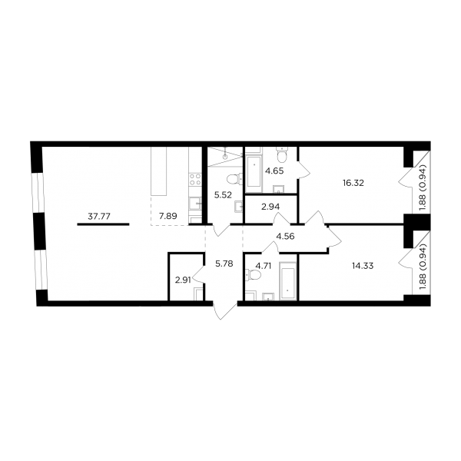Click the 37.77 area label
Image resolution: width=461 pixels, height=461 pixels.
(x=99, y=217)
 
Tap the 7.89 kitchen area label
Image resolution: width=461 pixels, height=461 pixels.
(x=167, y=217)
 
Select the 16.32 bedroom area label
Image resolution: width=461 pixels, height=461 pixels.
(x=353, y=183)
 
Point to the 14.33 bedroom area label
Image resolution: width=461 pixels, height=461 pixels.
(x=363, y=266)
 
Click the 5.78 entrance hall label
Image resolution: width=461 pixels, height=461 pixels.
(x=224, y=264)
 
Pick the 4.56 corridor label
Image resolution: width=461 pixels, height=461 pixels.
(x=286, y=236)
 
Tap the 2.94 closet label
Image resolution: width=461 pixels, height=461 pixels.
(x=270, y=207)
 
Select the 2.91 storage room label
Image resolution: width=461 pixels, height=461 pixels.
(x=183, y=280)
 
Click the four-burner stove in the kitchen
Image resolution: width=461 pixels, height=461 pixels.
(x=195, y=179)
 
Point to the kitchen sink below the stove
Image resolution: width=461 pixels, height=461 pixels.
(x=195, y=204)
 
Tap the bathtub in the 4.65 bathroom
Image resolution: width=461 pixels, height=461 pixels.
(x=254, y=171)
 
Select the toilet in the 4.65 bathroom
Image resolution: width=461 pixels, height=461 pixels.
(x=282, y=155)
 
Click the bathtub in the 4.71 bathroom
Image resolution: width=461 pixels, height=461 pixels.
(x=288, y=280)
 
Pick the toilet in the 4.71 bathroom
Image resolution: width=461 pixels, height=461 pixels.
(x=254, y=275)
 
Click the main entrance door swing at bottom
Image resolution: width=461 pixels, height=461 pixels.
(x=225, y=310)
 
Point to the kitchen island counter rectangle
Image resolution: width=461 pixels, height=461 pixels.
(x=159, y=171)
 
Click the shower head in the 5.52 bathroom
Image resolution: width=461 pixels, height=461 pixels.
(x=225, y=156)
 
